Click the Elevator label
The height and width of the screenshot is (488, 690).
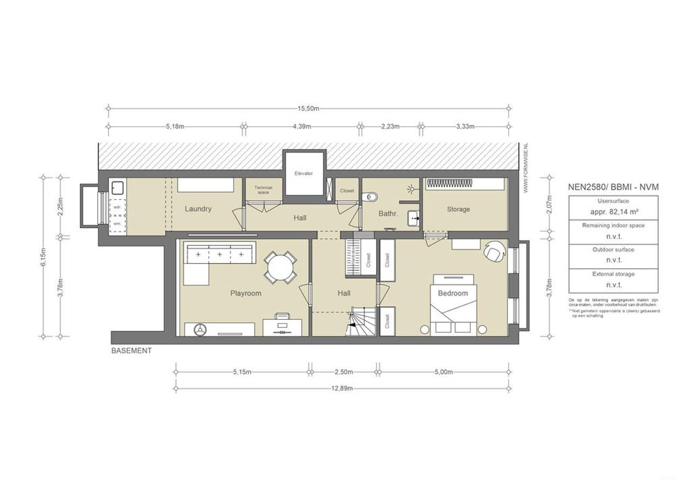point(303,174)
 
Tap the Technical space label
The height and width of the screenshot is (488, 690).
point(264,190)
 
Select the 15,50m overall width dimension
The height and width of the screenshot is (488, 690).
point(308,108)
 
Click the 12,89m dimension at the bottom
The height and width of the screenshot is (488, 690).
point(342,388)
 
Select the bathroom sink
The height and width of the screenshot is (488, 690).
point(413,218)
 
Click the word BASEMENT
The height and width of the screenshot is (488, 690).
point(132,350)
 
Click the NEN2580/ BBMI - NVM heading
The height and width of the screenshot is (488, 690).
point(613,187)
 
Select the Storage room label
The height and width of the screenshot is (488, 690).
point(458,209)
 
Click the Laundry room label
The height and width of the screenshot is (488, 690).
point(198,209)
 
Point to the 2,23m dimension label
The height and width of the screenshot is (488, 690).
point(390,127)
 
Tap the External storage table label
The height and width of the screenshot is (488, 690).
point(613,274)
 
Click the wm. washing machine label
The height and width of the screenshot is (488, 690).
point(117,223)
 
